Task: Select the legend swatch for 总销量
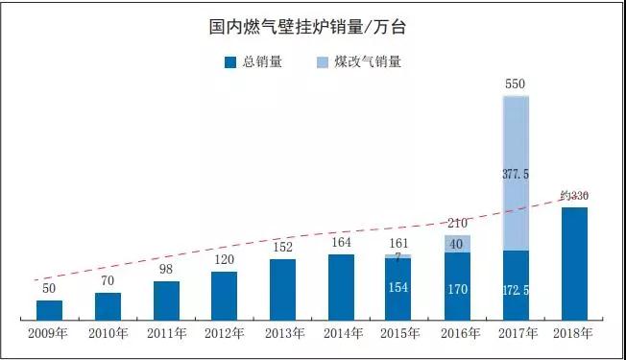tap(229, 62)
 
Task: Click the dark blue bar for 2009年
tap(49, 309)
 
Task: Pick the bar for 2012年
tap(224, 295)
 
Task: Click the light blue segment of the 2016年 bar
tap(457, 244)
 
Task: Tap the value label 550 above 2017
tap(516, 84)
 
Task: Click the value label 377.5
tap(517, 174)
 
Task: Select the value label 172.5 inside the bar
tap(517, 288)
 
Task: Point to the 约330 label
tap(573, 196)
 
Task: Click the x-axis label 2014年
tap(341, 333)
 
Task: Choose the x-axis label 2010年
tap(108, 333)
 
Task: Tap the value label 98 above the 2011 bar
tap(166, 270)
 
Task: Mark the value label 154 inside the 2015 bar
tap(399, 287)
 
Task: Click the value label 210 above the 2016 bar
tap(457, 225)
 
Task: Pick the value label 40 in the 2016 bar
tap(457, 244)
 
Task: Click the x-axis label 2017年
tap(516, 333)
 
